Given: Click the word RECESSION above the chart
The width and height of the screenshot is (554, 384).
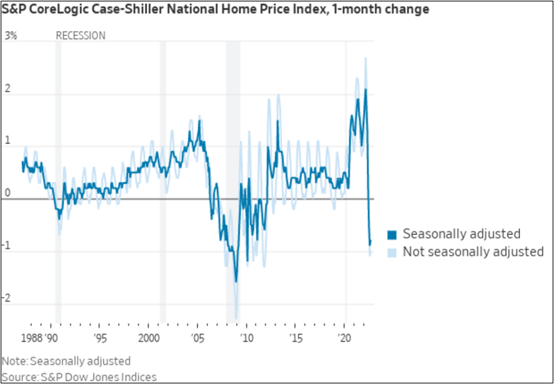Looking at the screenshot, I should tap(81, 35).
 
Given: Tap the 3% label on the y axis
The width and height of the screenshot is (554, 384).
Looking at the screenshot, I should tap(11, 35).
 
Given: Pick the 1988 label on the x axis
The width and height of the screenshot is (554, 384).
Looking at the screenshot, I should tap(31, 337).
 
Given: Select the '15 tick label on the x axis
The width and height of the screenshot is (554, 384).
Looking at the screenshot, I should tap(297, 337).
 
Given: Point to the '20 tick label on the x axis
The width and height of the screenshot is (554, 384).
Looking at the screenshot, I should tap(345, 337).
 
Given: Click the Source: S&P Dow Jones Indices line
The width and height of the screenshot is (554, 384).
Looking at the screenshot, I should tap(79, 377).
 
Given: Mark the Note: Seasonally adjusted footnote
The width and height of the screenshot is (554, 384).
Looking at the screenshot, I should tap(66, 361).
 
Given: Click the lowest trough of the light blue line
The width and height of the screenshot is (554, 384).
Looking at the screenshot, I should tap(236, 319).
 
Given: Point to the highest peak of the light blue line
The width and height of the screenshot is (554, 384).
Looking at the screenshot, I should tap(365, 58).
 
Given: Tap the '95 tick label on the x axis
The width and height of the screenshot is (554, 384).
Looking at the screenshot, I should tap(100, 337).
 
